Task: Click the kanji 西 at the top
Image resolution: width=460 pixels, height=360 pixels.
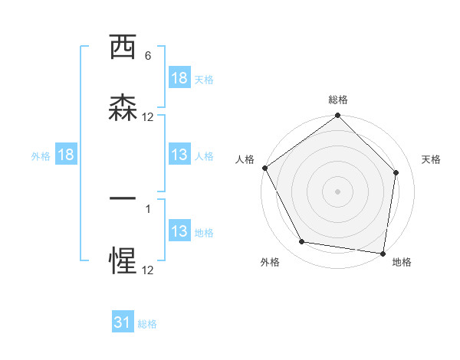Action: pos(123,48)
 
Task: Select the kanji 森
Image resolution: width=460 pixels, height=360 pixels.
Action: pos(123,108)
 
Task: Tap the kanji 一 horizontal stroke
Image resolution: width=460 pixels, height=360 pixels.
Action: pos(123,198)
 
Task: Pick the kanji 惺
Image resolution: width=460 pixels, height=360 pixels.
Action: pos(123,261)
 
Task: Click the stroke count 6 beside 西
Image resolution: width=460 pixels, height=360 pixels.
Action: pos(148,56)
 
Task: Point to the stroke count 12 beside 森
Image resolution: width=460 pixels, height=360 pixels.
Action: pos(148,116)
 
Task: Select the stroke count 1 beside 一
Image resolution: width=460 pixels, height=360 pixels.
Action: pos(148,207)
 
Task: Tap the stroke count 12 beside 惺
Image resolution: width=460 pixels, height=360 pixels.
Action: pos(148,270)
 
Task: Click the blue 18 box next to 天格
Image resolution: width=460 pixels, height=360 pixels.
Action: pos(179,78)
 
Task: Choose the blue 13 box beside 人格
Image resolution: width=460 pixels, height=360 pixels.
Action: pos(179,155)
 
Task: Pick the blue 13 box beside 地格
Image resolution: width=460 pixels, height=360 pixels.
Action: pos(179,231)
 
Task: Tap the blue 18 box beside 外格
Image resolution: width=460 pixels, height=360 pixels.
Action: pos(66,155)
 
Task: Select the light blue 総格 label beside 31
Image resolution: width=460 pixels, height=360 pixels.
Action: pos(147,324)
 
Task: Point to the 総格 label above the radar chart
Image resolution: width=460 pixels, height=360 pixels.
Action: pos(338,100)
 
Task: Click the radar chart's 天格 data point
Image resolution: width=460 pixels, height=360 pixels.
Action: pos(396,172)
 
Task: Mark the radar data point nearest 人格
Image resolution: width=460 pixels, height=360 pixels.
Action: pos(264,168)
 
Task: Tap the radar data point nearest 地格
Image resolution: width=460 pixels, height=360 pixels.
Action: pos(383,253)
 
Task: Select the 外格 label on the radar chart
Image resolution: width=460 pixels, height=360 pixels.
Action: pos(270,262)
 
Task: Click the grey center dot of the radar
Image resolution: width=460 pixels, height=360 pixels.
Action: pos(338,191)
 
